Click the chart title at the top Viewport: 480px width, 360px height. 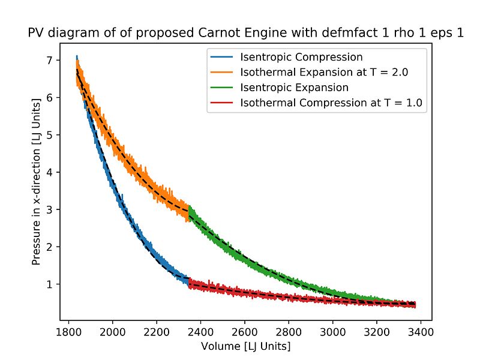pyautogui.click(x=246, y=34)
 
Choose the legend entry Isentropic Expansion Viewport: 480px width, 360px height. pyautogui.click(x=295, y=88)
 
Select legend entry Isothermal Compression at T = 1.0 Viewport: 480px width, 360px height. pyautogui.click(x=331, y=103)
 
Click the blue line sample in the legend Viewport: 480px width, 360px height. pyautogui.click(x=222, y=58)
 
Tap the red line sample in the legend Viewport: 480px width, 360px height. pyautogui.click(x=222, y=103)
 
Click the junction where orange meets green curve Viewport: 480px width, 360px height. pyautogui.click(x=189, y=211)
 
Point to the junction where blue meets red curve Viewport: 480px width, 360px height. pyautogui.click(x=189, y=281)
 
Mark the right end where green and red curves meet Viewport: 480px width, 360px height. pyautogui.click(x=414, y=304)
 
